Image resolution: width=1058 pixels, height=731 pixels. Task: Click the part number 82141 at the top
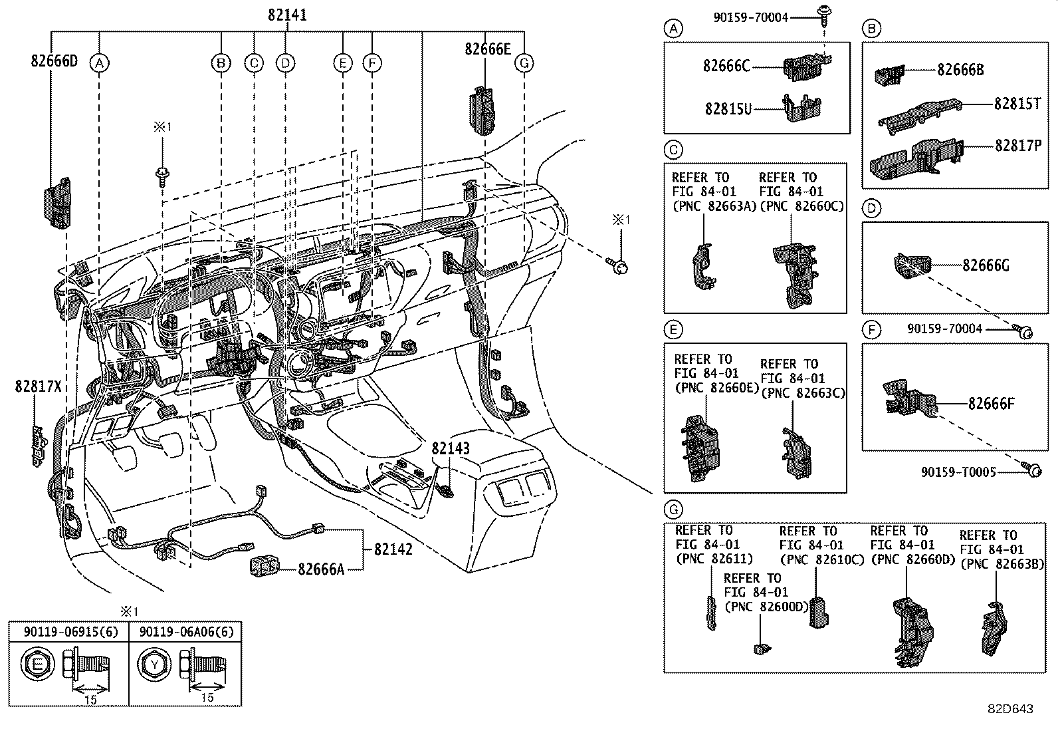(x=288, y=15)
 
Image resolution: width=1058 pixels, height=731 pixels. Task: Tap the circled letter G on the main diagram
(x=524, y=63)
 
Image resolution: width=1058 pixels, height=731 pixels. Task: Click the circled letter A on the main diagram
(x=99, y=63)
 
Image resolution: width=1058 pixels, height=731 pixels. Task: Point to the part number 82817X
(x=38, y=386)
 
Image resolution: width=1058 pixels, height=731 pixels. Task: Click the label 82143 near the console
(x=451, y=448)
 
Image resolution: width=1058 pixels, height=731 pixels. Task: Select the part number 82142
(x=393, y=549)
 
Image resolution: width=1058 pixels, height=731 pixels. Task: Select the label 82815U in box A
(x=728, y=108)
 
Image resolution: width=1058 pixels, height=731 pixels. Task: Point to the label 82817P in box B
(x=1018, y=145)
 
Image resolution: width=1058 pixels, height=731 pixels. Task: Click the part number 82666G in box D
(x=986, y=265)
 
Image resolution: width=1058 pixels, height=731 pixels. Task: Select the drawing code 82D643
(x=1009, y=709)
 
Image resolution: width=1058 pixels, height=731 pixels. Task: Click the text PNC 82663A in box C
(x=714, y=206)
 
